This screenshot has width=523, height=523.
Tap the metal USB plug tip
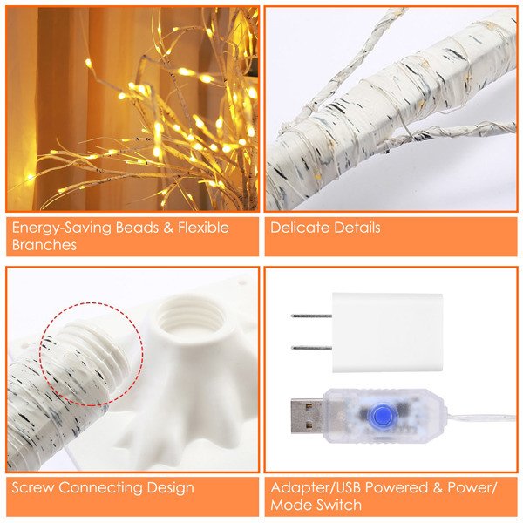click(307, 415)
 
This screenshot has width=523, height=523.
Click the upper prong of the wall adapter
click(311, 316)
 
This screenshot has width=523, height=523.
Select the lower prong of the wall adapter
click(311, 348)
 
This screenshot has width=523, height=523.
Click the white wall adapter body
click(387, 333)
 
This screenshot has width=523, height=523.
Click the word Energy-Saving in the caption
click(62, 228)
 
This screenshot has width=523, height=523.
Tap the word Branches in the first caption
click(44, 245)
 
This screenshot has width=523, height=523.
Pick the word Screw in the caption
click(33, 487)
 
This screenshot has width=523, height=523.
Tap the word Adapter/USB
click(316, 487)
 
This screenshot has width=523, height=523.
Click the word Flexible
click(203, 228)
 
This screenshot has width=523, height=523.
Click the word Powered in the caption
click(397, 487)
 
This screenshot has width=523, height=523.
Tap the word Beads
click(137, 228)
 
